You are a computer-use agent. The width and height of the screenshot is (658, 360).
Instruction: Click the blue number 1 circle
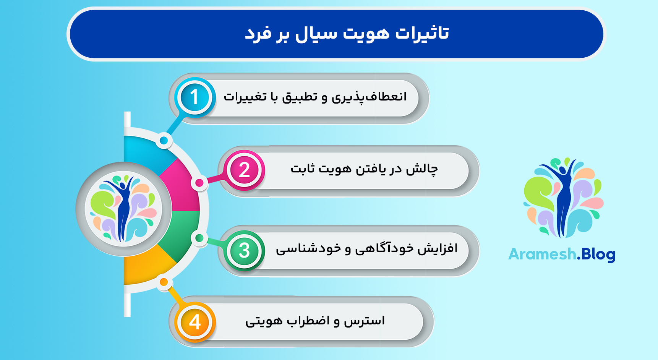[x=194, y=97]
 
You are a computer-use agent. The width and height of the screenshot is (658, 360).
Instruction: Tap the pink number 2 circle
[x=244, y=170]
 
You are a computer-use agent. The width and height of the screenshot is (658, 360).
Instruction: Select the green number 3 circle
[x=244, y=250]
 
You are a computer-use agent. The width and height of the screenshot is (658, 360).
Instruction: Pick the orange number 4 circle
[x=195, y=322]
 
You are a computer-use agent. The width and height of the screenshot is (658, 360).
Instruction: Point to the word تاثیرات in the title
[x=422, y=34]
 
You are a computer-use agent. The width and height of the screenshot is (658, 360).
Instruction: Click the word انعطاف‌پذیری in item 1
[x=369, y=97]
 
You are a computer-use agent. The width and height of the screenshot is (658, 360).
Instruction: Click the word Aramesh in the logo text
[x=542, y=254]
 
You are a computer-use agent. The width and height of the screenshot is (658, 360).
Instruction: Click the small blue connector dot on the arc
[x=164, y=141]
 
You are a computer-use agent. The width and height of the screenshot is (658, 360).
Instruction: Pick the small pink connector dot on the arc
[x=199, y=183]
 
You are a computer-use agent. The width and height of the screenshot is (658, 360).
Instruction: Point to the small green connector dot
[x=199, y=238]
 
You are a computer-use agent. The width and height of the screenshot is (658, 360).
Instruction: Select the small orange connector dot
[x=164, y=282]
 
